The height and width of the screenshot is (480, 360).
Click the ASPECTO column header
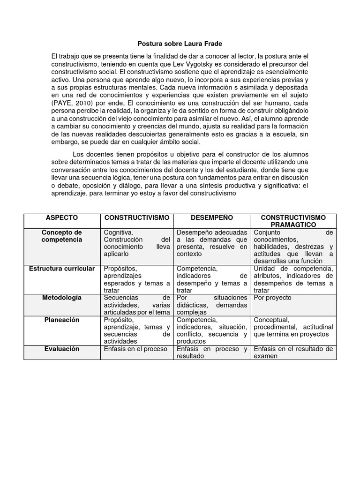tap(62, 218)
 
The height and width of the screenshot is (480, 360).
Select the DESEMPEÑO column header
tap(212, 218)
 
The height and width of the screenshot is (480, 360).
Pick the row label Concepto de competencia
tap(62, 236)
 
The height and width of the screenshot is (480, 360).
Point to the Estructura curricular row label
tap(62, 269)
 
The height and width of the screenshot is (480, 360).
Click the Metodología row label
tap(62, 298)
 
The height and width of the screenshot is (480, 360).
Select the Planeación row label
tap(62, 320)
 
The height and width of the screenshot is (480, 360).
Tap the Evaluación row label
tap(62, 349)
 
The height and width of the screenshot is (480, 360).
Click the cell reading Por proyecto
tap(272, 298)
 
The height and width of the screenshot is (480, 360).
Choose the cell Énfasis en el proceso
tap(135, 349)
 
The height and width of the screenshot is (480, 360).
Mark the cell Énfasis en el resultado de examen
tap(293, 352)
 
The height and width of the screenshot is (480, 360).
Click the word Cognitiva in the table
tap(119, 232)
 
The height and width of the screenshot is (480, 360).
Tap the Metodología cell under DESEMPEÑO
tap(211, 305)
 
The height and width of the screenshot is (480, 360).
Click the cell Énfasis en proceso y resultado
tap(211, 352)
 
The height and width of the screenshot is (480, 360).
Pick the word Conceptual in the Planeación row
tap(271, 320)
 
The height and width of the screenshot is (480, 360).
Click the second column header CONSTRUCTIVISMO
tap(137, 218)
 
